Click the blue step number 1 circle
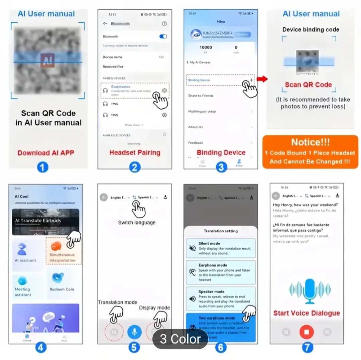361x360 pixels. click(42, 167)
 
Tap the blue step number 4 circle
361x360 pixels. click(41, 347)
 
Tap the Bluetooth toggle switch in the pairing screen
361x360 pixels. click(163, 36)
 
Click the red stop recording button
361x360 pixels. click(307, 332)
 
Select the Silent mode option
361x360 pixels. click(221, 248)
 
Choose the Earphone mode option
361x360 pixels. click(221, 272)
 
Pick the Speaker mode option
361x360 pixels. click(221, 298)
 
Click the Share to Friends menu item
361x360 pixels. click(201, 96)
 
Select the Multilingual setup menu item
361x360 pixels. click(202, 111)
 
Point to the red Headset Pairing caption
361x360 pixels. click(135, 153)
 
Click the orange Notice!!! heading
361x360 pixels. click(310, 142)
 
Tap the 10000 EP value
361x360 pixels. click(206, 47)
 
